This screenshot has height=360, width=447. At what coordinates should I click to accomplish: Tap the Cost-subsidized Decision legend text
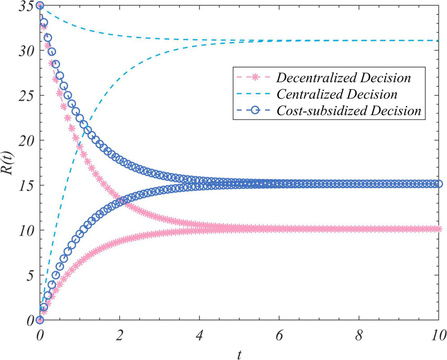click(349, 111)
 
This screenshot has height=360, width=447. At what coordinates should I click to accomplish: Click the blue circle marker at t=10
click(439, 184)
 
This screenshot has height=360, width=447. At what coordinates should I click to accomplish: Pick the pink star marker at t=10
click(439, 229)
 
